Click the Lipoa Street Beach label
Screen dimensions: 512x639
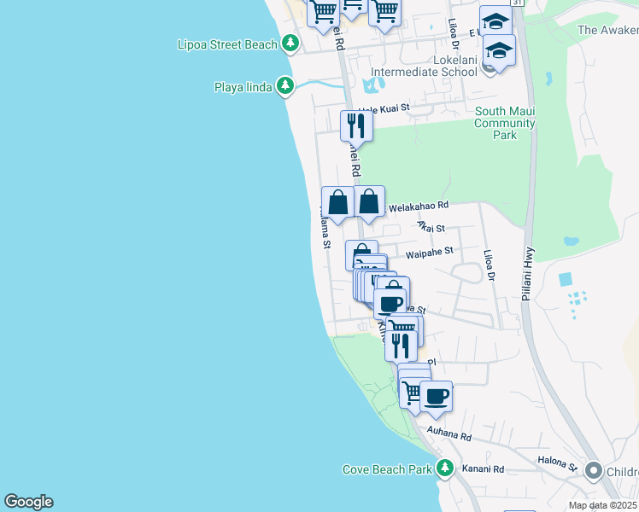[227, 44]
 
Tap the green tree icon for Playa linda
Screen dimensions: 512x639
[285, 86]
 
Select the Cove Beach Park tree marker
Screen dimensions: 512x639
[444, 468]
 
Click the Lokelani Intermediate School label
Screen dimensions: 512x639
[424, 72]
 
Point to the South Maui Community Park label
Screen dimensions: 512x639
[505, 123]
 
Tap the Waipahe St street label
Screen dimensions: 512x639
[429, 252]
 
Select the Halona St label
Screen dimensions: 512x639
[558, 462]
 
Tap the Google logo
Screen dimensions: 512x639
[28, 502]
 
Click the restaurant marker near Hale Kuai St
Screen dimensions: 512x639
[355, 126]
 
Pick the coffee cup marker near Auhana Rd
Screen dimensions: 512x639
[436, 397]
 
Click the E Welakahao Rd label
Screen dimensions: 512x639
[419, 206]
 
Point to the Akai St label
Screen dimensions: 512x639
[431, 228]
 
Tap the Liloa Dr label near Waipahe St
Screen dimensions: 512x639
[490, 265]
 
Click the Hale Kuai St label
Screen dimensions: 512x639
[384, 109]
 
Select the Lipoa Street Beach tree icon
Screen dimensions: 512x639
[291, 43]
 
